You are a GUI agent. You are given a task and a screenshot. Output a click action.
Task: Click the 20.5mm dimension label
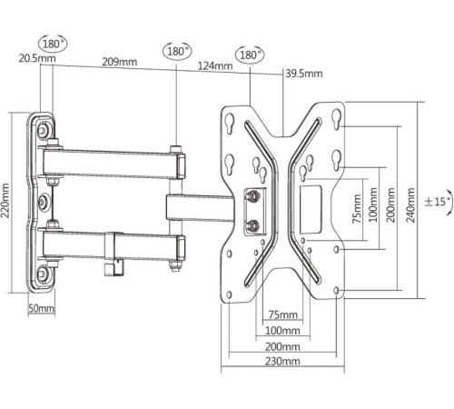pyautogui.click(x=37, y=58)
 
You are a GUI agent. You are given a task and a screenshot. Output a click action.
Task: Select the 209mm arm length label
pyautogui.click(x=119, y=62)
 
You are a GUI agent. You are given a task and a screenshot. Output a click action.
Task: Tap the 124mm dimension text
pyautogui.click(x=215, y=65)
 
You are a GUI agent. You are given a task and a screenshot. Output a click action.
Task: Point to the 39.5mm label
pyautogui.click(x=304, y=74)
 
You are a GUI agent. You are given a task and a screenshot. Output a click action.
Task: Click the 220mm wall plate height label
pyautogui.click(x=5, y=200)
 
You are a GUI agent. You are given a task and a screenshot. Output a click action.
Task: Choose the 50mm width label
pyautogui.click(x=42, y=308)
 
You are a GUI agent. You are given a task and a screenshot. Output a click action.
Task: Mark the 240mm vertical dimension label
pyautogui.click(x=410, y=205)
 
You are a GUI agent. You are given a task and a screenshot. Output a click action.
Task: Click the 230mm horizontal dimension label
pyautogui.click(x=282, y=361)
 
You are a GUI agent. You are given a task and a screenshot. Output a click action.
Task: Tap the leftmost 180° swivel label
pyautogui.click(x=53, y=44)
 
